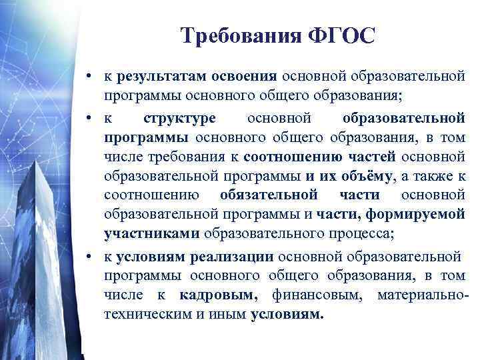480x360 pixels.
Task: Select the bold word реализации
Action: [x=231, y=256]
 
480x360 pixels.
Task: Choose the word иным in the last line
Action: [x=225, y=314]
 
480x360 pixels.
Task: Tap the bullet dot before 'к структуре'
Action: [x=89, y=119]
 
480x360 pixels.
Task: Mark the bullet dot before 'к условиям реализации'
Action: [x=89, y=257]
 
